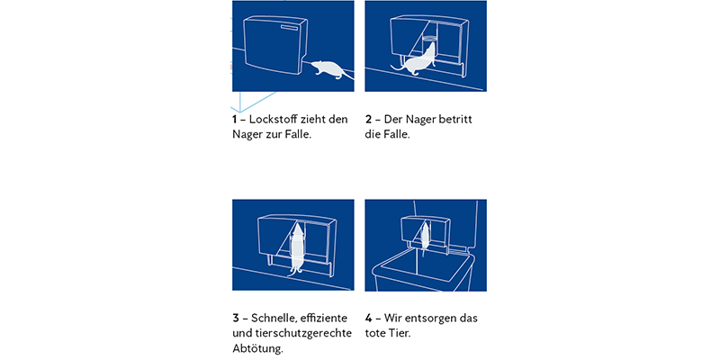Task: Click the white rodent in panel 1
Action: click(x=326, y=68)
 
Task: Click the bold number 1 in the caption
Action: click(x=235, y=119)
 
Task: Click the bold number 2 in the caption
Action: click(x=368, y=119)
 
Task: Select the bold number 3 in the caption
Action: click(x=236, y=318)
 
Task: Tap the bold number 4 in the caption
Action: click(x=369, y=318)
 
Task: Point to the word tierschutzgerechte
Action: click(x=305, y=333)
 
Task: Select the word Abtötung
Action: click(x=257, y=348)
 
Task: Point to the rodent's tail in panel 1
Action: click(x=347, y=77)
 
